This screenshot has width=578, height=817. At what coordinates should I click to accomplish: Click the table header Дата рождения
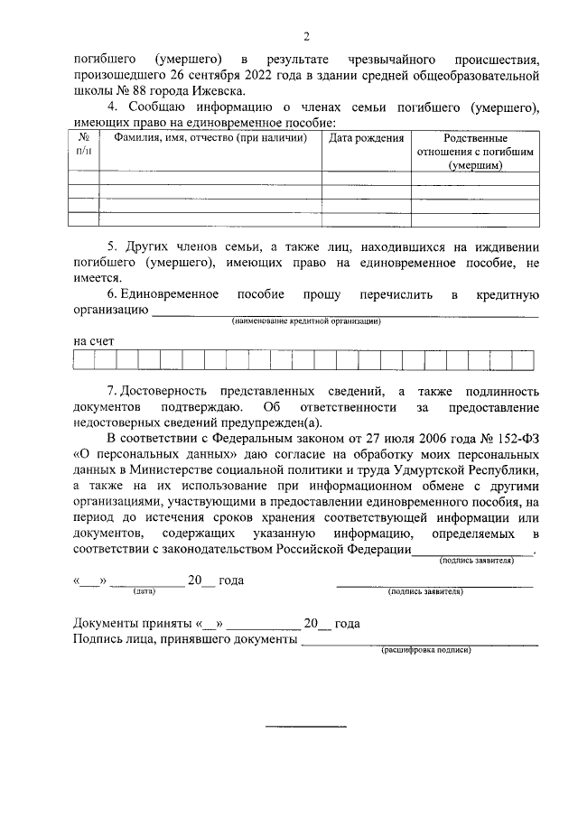click(x=365, y=138)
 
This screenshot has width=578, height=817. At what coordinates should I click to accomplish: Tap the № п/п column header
click(x=85, y=145)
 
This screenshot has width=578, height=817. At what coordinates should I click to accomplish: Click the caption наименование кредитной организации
click(x=306, y=321)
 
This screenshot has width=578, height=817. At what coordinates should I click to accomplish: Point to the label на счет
click(x=94, y=342)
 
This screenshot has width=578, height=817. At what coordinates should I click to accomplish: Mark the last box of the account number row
click(x=529, y=361)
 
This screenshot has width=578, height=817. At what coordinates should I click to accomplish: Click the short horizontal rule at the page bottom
click(x=305, y=726)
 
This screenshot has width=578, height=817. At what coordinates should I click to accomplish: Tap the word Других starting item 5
click(x=150, y=246)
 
